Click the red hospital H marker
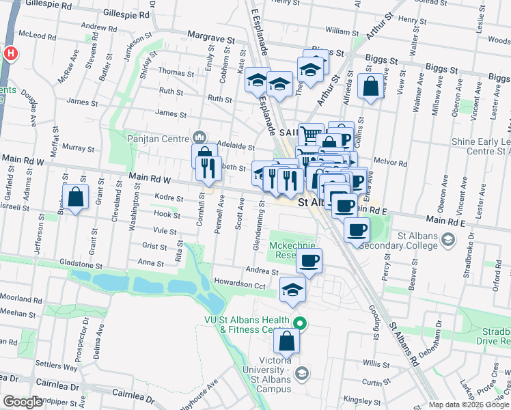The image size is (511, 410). (11, 53)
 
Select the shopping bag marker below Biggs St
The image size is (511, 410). (370, 87)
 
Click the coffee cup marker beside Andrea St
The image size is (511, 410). (309, 260)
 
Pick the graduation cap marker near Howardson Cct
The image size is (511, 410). (292, 290)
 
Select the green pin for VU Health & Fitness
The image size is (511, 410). (298, 323)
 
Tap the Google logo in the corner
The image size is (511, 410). (23, 402)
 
